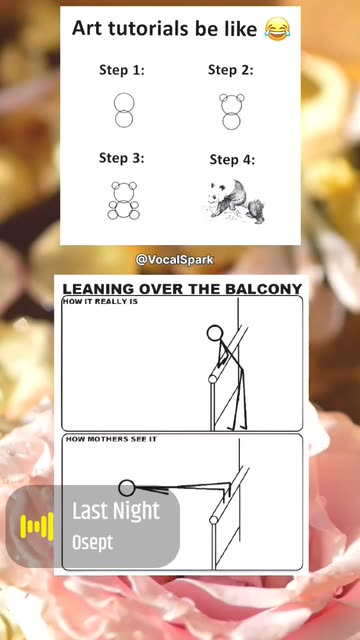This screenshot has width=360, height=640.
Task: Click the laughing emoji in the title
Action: (x=277, y=29)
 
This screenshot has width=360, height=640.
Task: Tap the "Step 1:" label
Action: (x=122, y=70)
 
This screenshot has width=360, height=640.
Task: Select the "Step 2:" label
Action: (x=231, y=70)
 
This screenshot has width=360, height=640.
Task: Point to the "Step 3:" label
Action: (x=122, y=158)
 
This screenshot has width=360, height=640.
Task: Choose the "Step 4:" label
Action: (x=232, y=160)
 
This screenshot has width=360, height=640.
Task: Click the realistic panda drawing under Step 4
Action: (x=233, y=201)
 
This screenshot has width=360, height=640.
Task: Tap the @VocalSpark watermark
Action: (x=174, y=260)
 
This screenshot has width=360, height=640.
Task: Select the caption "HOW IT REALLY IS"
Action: (x=100, y=302)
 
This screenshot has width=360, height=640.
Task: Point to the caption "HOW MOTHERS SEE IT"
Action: (x=111, y=439)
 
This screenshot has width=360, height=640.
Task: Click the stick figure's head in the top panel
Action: (x=215, y=333)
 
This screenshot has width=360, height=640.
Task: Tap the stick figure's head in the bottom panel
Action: (x=127, y=488)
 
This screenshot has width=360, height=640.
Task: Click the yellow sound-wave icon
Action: (x=37, y=527)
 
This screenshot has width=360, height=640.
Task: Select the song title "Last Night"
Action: (x=116, y=511)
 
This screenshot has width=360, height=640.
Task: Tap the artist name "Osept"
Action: (x=93, y=542)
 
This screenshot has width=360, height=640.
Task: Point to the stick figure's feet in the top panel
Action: (x=237, y=428)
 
